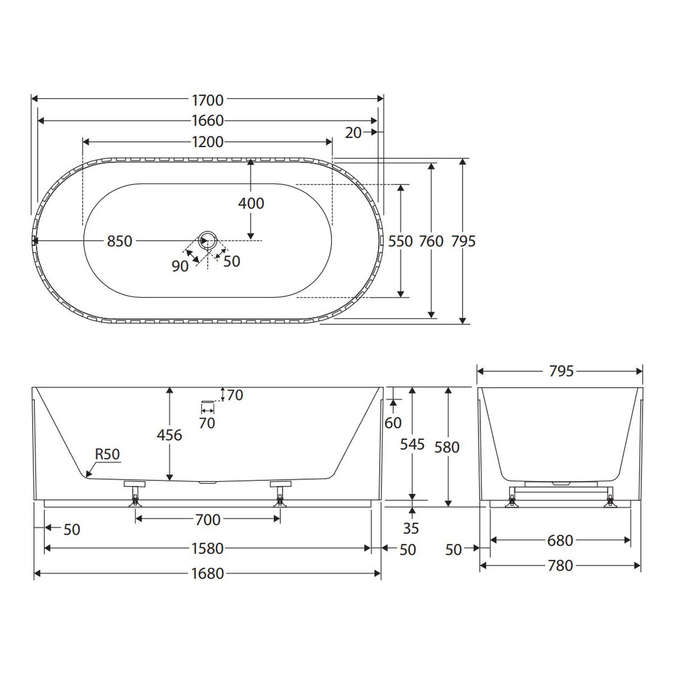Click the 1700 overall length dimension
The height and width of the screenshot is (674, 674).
point(207,101)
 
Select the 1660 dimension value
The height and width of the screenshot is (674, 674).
point(208,121)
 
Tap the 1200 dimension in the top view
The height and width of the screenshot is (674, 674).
point(208,142)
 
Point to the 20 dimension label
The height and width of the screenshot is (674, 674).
point(353,133)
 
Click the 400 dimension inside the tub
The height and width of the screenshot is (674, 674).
point(251,203)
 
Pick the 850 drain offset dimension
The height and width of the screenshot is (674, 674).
point(120,242)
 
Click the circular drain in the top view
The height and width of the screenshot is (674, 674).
point(208,240)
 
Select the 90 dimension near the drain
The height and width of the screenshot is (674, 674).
point(180,266)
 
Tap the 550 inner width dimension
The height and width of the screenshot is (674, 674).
point(400,242)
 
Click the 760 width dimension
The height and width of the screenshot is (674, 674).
point(431,242)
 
